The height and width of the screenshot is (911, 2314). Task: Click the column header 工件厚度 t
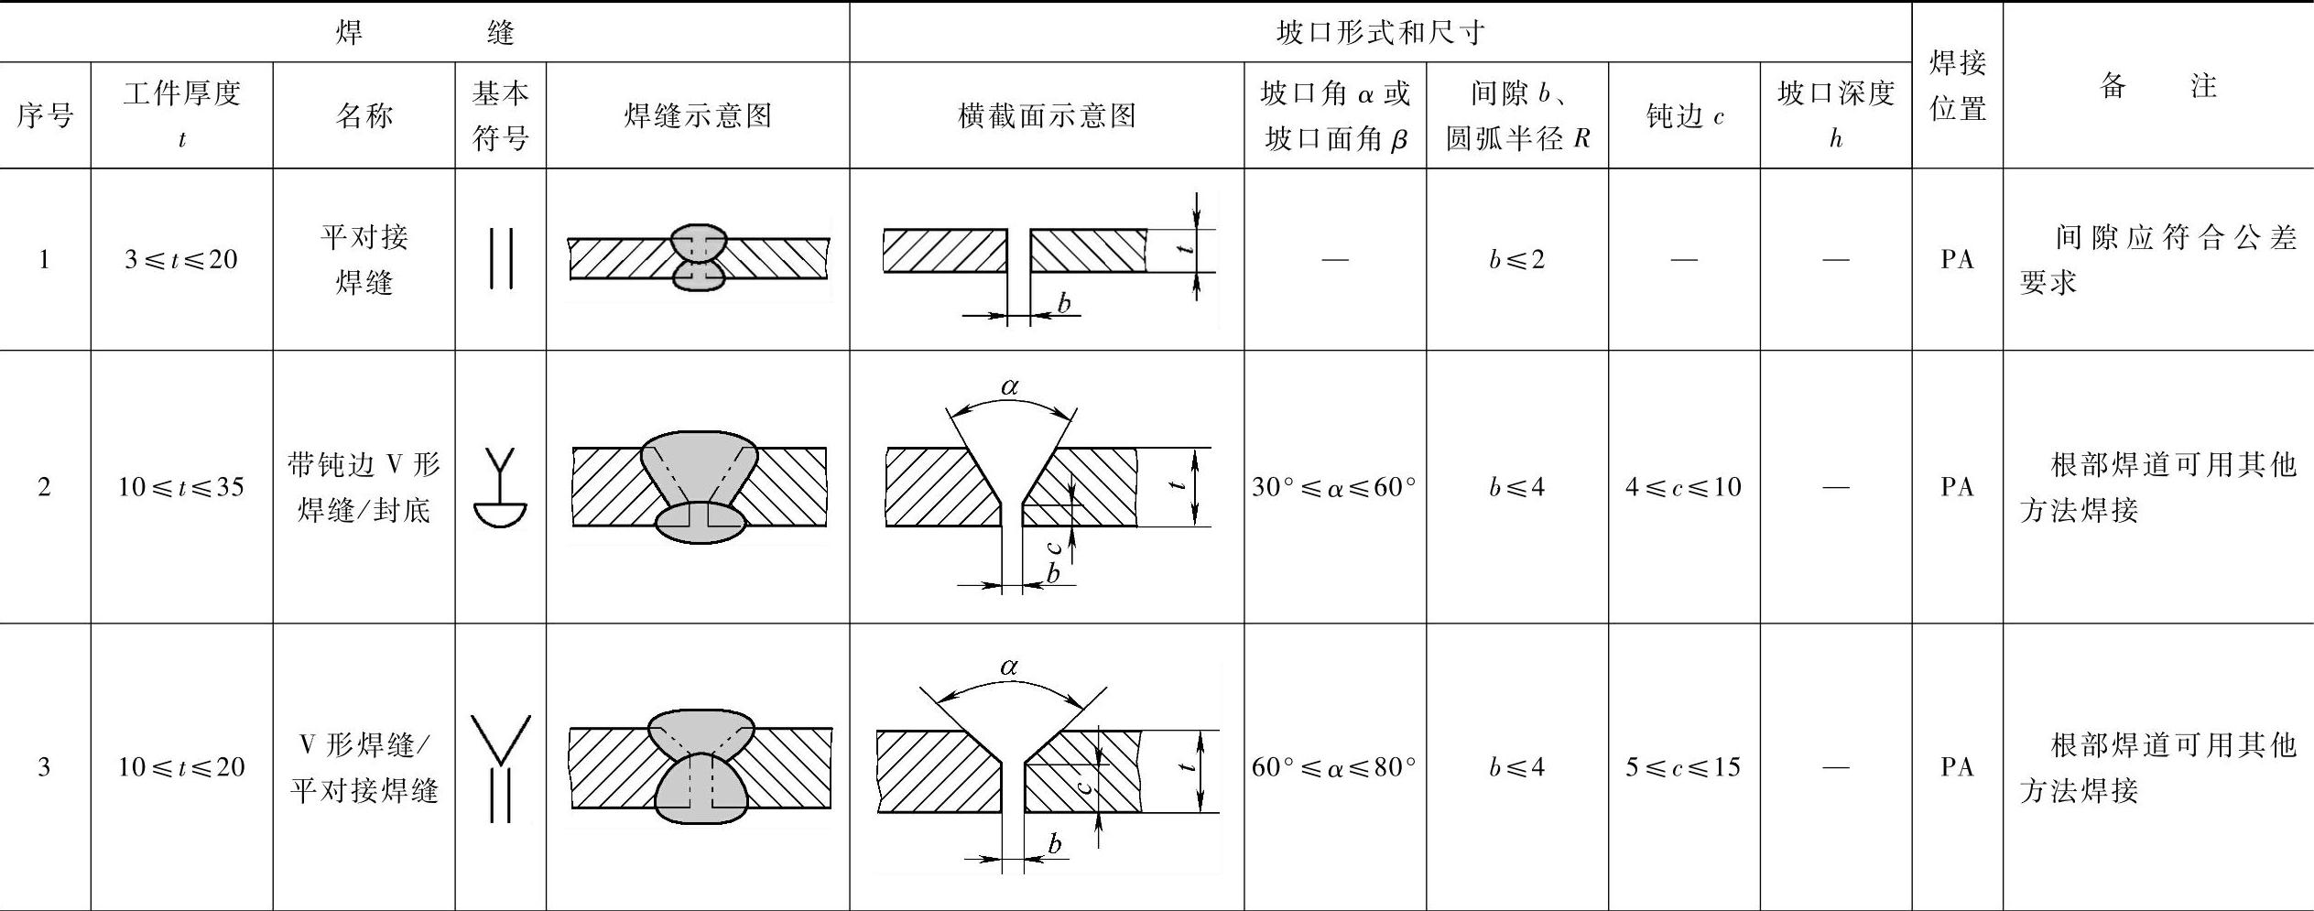pyautogui.click(x=181, y=114)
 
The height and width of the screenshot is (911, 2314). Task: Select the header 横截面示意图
pyautogui.click(x=1046, y=115)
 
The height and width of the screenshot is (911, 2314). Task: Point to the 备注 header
pyautogui.click(x=2157, y=86)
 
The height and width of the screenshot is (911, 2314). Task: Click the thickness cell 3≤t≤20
pyautogui.click(x=181, y=260)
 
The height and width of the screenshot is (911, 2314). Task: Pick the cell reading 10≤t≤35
pyautogui.click(x=181, y=487)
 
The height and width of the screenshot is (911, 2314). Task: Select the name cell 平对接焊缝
pyautogui.click(x=364, y=260)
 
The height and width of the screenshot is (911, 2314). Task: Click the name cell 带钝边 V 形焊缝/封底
pyautogui.click(x=364, y=487)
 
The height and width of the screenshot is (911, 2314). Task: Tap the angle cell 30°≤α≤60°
pyautogui.click(x=1334, y=487)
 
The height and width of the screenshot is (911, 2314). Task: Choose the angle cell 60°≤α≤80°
pyautogui.click(x=1334, y=767)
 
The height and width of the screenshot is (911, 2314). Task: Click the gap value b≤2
pyautogui.click(x=1516, y=260)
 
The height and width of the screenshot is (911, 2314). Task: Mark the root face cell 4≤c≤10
pyautogui.click(x=1684, y=487)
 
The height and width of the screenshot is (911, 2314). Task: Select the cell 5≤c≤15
pyautogui.click(x=1684, y=767)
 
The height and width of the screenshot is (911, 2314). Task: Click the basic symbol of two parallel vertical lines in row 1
pyautogui.click(x=501, y=259)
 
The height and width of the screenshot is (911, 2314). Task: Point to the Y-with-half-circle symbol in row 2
pyautogui.click(x=501, y=488)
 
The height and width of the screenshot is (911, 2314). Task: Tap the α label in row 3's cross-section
pyautogui.click(x=1009, y=667)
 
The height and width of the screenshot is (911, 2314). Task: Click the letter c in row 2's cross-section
pyautogui.click(x=1055, y=548)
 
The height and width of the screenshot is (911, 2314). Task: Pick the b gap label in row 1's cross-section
pyautogui.click(x=1064, y=302)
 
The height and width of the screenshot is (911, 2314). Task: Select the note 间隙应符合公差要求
pyautogui.click(x=2157, y=260)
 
